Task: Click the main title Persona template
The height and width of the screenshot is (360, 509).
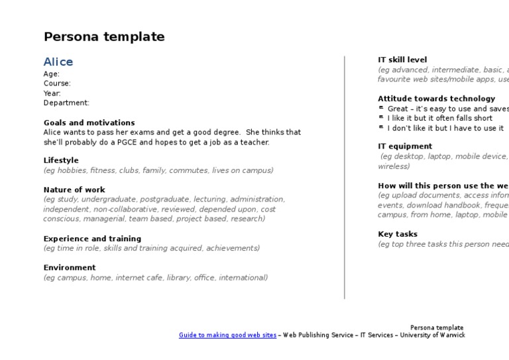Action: point(104,37)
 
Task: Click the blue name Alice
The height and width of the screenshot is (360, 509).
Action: point(58,62)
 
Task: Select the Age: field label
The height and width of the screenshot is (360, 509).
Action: point(52,74)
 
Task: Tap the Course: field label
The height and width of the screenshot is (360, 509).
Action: point(57,84)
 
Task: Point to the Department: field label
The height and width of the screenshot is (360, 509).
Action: point(66,103)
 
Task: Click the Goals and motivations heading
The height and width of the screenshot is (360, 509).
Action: point(89,123)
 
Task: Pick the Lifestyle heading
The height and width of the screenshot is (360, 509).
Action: point(61,160)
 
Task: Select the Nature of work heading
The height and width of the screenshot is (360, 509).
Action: point(74,190)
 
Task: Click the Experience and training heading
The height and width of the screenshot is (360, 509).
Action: point(92,239)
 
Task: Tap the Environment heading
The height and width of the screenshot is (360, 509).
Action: point(70,268)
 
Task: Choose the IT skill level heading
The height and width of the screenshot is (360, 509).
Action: point(402,60)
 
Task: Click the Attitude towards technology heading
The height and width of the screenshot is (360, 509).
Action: point(436,99)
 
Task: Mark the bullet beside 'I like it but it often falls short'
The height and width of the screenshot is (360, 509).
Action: point(381,118)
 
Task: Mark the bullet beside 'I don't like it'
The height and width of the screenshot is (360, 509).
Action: point(381,128)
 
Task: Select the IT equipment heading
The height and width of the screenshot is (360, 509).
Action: point(405,147)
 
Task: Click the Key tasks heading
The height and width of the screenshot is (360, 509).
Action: point(398,234)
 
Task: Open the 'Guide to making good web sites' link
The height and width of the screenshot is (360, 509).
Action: point(227,335)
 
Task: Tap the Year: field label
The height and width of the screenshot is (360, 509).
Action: point(52,93)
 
